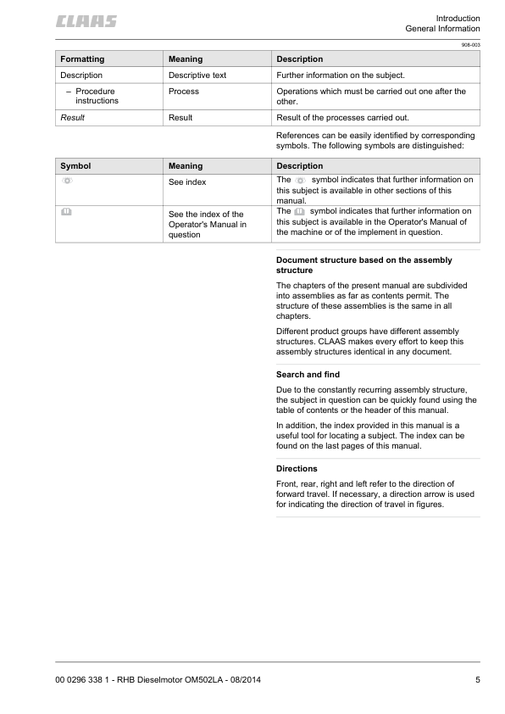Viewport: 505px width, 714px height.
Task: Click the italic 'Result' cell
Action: pos(72,118)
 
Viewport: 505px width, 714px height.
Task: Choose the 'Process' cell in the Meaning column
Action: pos(184,91)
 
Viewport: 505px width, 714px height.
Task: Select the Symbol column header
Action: pos(75,166)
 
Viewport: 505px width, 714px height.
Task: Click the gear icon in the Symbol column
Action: pos(67,181)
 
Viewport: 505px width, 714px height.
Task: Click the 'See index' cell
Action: pos(187,182)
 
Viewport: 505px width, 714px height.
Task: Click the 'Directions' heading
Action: pos(297,468)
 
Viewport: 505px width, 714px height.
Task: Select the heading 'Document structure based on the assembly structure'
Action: pos(363,265)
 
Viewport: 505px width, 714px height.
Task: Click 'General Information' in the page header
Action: pos(442,30)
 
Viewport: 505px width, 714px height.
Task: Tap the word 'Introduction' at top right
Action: pos(458,18)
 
